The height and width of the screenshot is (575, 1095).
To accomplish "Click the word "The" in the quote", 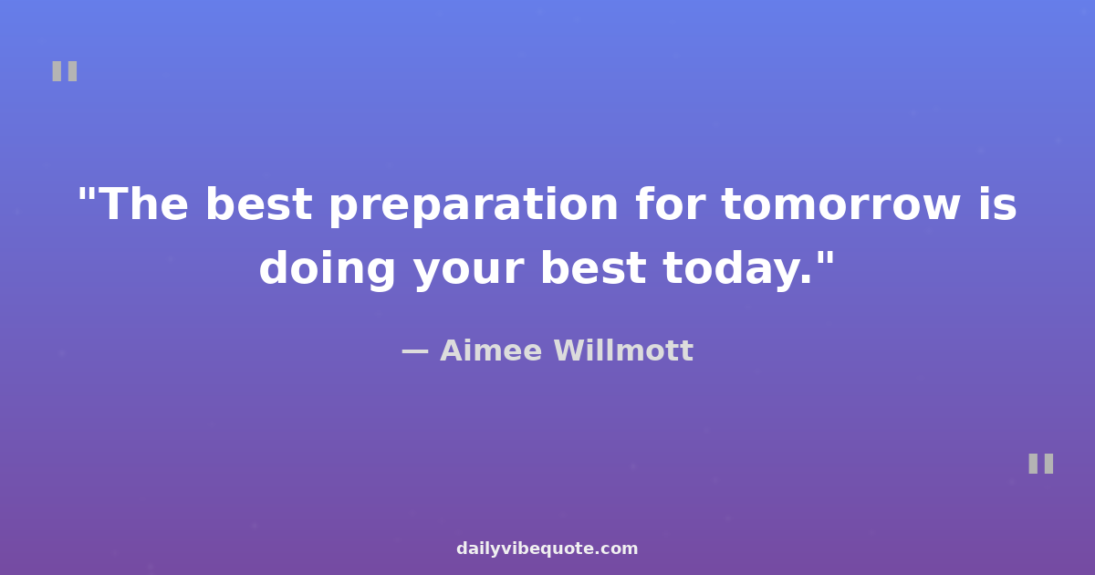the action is coord(145,204).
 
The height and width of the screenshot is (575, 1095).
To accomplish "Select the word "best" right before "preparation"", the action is coord(258,204).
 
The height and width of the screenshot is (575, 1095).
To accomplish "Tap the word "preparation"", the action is coord(474,206).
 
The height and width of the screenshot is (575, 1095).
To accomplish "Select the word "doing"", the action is coord(327,269).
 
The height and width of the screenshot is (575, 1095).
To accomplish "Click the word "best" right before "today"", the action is coord(593,267).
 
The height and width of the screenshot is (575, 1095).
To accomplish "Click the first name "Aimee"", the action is coord(491,350).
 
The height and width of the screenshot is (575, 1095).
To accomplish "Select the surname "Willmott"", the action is coord(623,350).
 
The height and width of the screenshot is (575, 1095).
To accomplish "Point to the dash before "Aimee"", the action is coord(415,351).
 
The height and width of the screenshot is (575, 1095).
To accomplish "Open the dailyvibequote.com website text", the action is coord(547,549).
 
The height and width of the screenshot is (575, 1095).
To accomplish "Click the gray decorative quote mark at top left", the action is coord(65,71).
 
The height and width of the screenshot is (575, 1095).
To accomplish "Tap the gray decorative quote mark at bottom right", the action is coord(1041,464).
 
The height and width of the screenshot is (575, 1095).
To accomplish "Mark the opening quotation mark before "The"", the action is coord(86,194).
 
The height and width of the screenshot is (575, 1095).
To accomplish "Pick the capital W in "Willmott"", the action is coord(572,350).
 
